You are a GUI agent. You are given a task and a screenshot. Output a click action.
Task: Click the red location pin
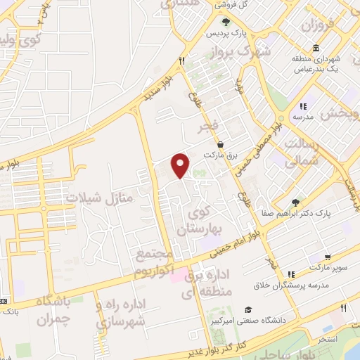point(181,165)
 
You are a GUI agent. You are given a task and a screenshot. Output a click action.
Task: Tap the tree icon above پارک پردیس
point(225,22)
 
